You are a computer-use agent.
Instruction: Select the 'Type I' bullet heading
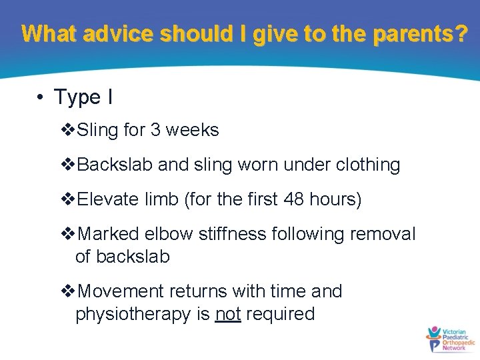(x=83, y=97)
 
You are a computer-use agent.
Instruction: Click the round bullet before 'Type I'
(x=41, y=97)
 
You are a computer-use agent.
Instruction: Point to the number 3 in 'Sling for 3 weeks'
(x=155, y=129)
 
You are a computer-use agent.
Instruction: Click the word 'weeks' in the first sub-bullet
(x=192, y=129)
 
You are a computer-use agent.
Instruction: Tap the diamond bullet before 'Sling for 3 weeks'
(x=68, y=130)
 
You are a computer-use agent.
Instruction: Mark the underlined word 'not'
(x=228, y=314)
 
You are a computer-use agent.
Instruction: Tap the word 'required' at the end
(x=280, y=314)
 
